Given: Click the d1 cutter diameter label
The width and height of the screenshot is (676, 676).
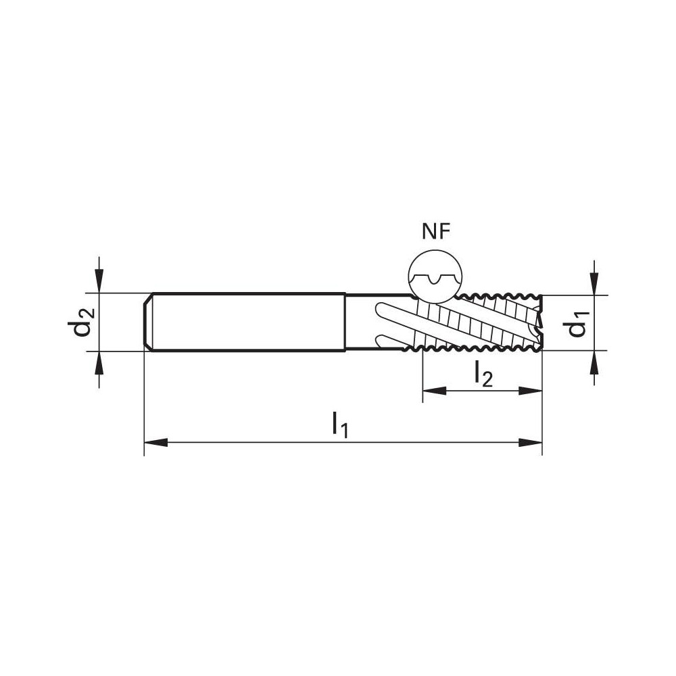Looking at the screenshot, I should pos(577,323).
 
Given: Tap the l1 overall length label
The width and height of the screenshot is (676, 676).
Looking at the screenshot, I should pos(339,425).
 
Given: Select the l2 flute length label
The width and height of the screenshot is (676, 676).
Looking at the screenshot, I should pos(483,373).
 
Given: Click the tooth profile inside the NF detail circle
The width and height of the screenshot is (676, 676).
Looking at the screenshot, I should pos(436,279).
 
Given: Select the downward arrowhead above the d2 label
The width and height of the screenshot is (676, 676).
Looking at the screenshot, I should pos(99,281).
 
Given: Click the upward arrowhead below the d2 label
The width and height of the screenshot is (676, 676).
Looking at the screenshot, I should pos(99,364).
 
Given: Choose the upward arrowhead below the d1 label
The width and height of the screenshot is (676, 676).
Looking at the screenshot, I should pos(594,363).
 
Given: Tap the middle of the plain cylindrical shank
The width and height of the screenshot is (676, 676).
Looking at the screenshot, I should pos(247,322).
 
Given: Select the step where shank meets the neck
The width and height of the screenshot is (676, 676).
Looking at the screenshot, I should pos(345,322).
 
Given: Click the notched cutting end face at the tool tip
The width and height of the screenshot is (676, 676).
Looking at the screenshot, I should pos(539,323).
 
